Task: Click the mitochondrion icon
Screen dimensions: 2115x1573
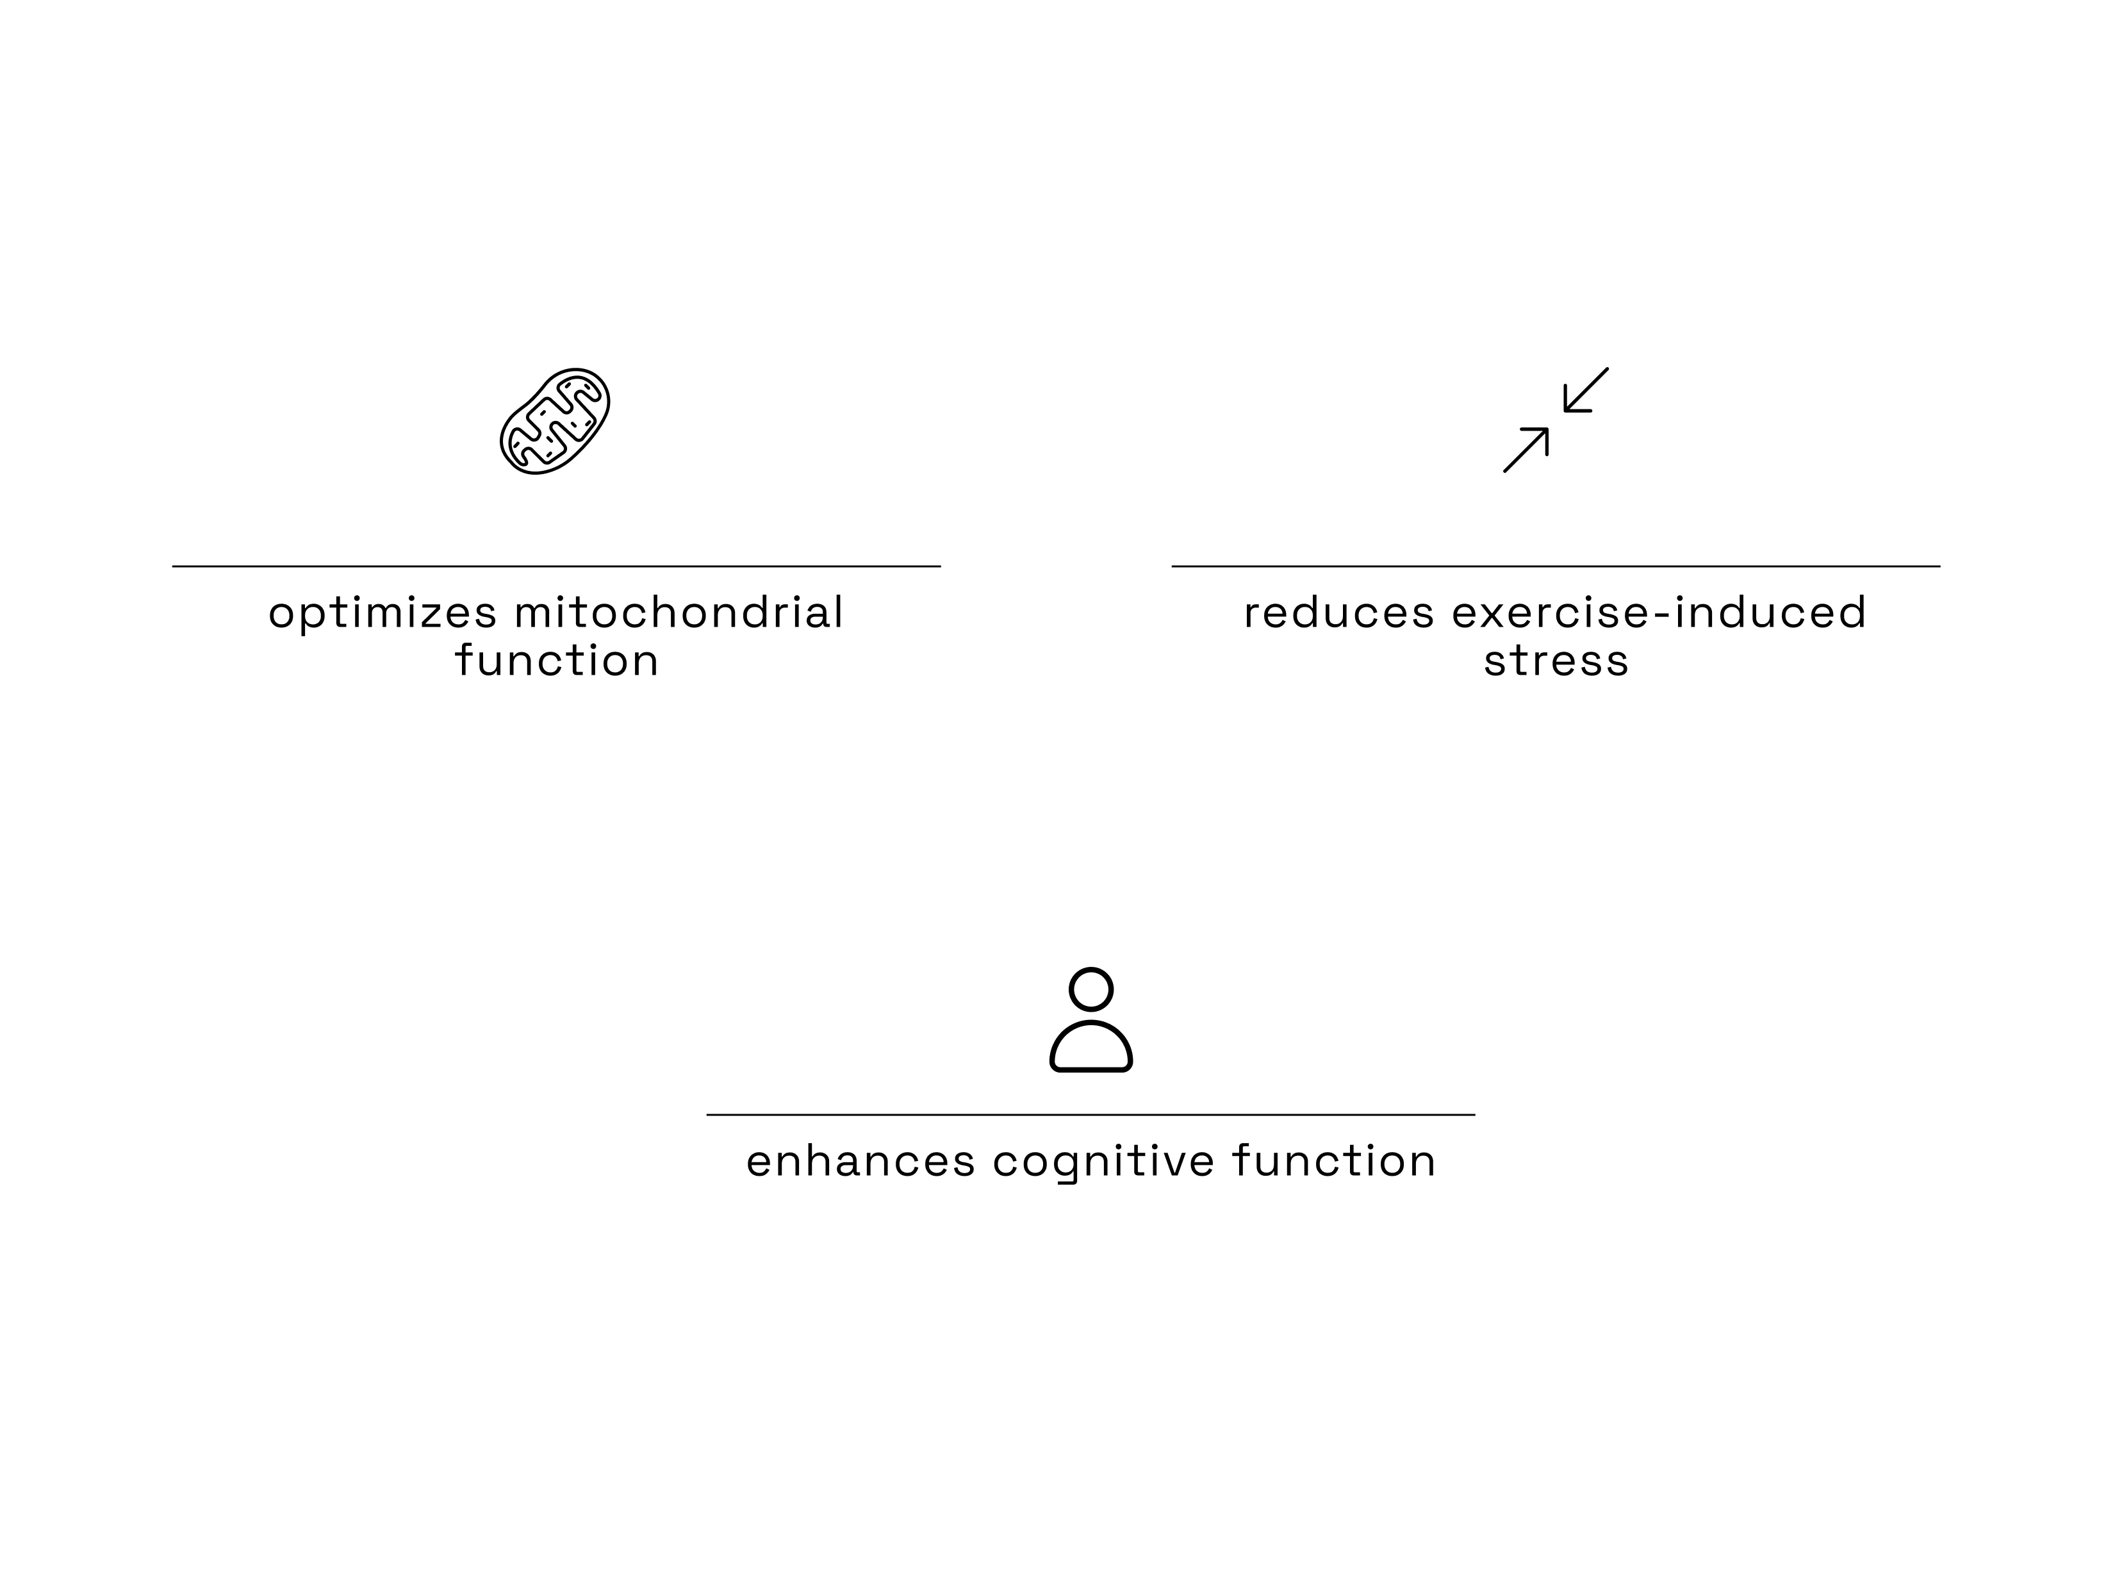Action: point(554,421)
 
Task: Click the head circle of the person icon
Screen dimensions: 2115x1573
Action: point(1090,989)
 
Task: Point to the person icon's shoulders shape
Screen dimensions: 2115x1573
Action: point(1090,1048)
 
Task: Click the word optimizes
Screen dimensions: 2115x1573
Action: point(382,613)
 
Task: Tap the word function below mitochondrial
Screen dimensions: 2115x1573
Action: point(556,661)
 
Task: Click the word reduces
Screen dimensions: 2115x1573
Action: point(1338,613)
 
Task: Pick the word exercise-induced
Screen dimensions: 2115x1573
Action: point(1659,613)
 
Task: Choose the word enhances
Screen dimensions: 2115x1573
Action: point(860,1162)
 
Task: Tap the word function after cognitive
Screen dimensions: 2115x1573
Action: point(1333,1162)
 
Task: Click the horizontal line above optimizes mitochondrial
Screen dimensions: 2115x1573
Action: point(556,566)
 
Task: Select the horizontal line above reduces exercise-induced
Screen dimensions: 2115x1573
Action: point(1555,566)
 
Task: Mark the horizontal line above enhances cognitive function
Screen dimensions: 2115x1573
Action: point(1090,1114)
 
